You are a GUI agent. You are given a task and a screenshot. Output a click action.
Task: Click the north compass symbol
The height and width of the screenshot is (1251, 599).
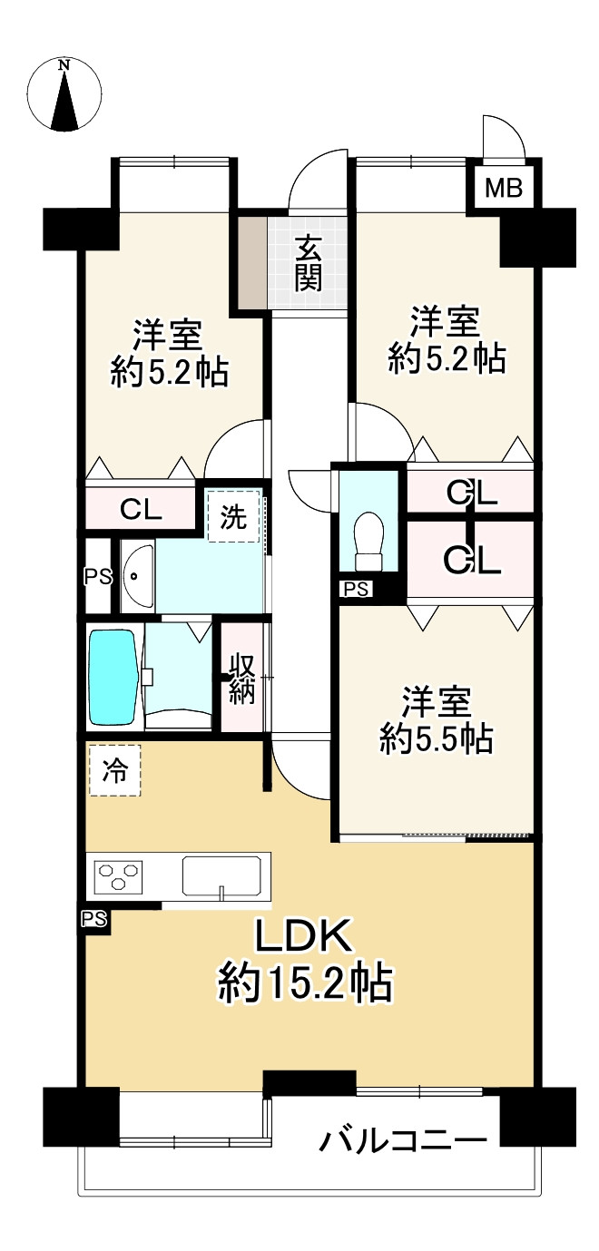point(64,94)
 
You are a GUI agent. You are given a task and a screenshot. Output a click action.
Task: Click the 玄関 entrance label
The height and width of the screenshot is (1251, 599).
point(308,263)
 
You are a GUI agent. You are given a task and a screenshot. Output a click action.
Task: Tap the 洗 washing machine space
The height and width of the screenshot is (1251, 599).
point(234,516)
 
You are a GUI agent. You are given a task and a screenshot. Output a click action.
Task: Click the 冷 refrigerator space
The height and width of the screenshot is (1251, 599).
point(114,770)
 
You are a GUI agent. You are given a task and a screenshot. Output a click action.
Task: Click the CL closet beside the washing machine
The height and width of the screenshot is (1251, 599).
point(141,508)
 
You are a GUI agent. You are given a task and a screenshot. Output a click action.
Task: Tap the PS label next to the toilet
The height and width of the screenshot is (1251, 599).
point(357,590)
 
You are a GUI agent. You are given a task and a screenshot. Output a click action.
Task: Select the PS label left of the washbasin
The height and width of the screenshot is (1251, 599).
point(96,576)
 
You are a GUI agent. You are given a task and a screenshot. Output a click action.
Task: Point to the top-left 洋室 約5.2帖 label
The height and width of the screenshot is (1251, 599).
point(169,353)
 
